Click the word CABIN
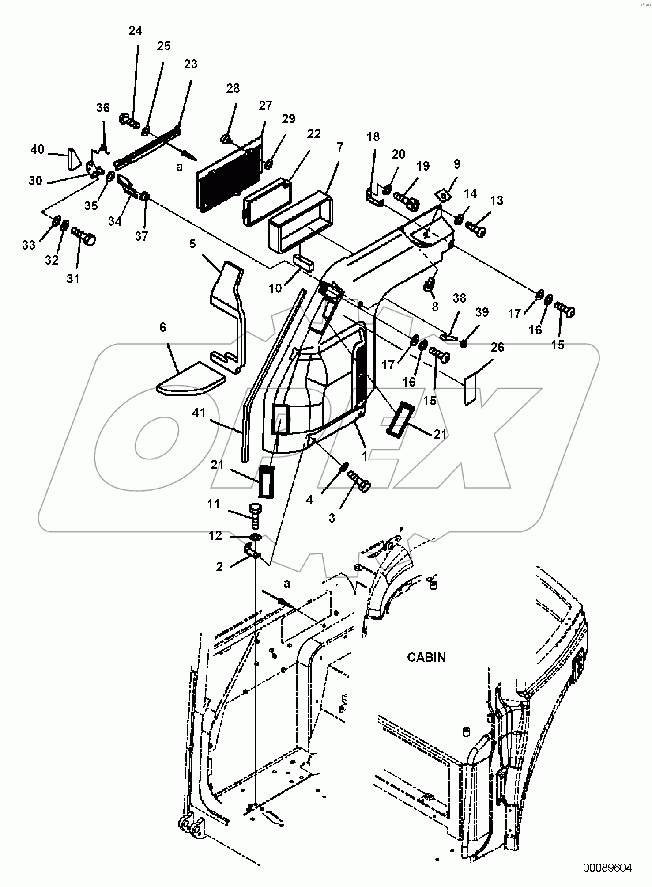click(x=426, y=657)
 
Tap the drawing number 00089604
click(x=607, y=868)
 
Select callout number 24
click(x=136, y=31)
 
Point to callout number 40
click(x=38, y=149)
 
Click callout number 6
click(x=163, y=327)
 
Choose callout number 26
click(x=497, y=347)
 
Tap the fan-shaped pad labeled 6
click(x=190, y=378)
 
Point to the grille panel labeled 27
click(x=229, y=174)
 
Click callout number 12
click(x=215, y=535)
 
